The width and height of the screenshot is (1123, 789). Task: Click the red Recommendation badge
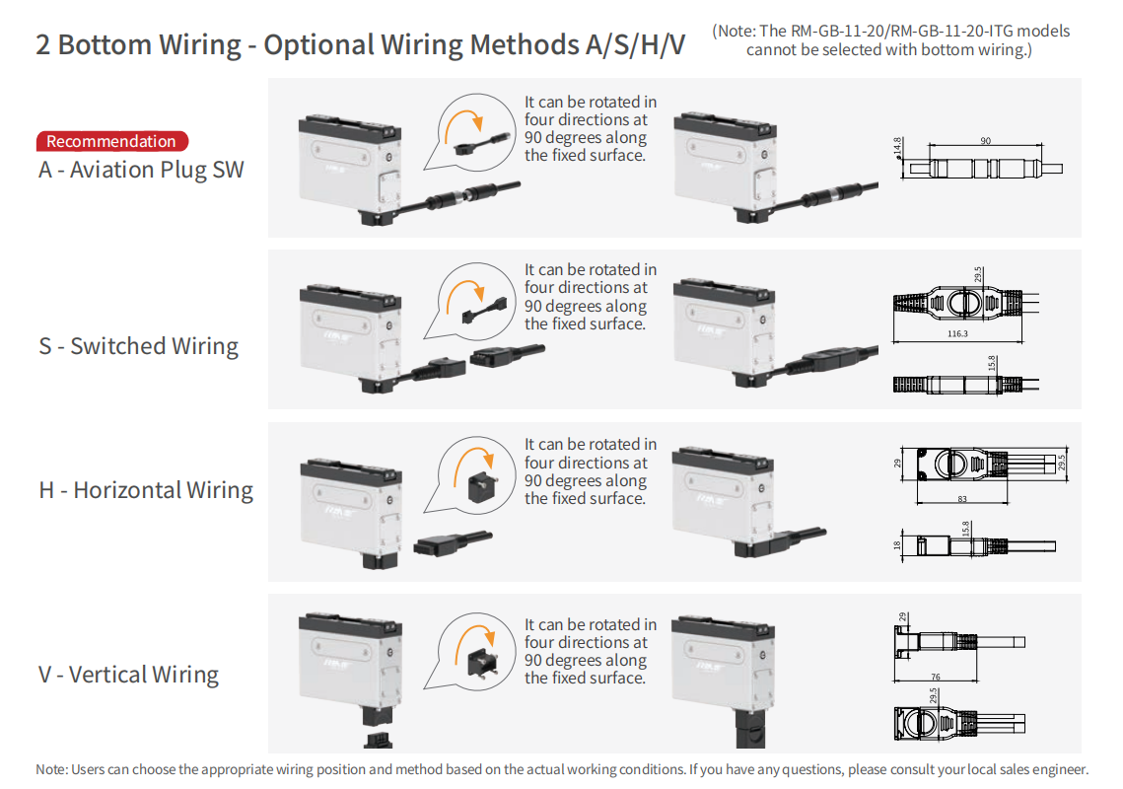111,141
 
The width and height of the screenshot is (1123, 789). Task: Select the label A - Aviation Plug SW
141,170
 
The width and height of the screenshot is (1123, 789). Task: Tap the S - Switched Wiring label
139,346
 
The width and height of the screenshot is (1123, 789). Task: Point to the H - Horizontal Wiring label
146,490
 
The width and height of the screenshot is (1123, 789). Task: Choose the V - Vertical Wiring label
128,675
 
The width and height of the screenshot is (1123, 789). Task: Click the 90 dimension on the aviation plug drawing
985,141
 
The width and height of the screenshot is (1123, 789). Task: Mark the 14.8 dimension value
898,147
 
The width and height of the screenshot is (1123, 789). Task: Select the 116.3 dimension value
956,334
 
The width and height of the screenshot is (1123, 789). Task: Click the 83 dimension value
962,499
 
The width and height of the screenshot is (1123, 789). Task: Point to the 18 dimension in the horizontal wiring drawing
898,543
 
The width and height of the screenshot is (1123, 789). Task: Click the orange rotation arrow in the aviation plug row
462,120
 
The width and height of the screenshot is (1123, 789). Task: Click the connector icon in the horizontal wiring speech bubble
482,483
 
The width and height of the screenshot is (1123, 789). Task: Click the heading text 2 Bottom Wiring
139,45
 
